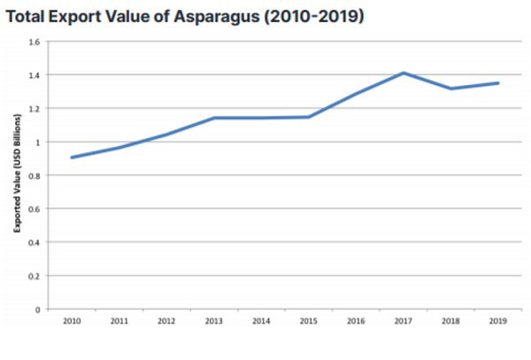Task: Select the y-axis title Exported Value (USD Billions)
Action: [x=16, y=175]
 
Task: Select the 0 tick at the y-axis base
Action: [x=37, y=310]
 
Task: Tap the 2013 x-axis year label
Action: [x=213, y=321]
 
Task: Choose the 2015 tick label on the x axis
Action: [x=308, y=321]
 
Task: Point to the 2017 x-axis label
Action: [x=403, y=321]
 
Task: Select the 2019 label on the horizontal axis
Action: [x=497, y=321]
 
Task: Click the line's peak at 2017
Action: [x=404, y=73]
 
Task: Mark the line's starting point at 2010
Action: [x=72, y=157]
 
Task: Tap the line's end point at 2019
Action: [x=498, y=83]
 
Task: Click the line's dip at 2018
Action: [x=450, y=88]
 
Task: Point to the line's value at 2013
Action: [x=213, y=118]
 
